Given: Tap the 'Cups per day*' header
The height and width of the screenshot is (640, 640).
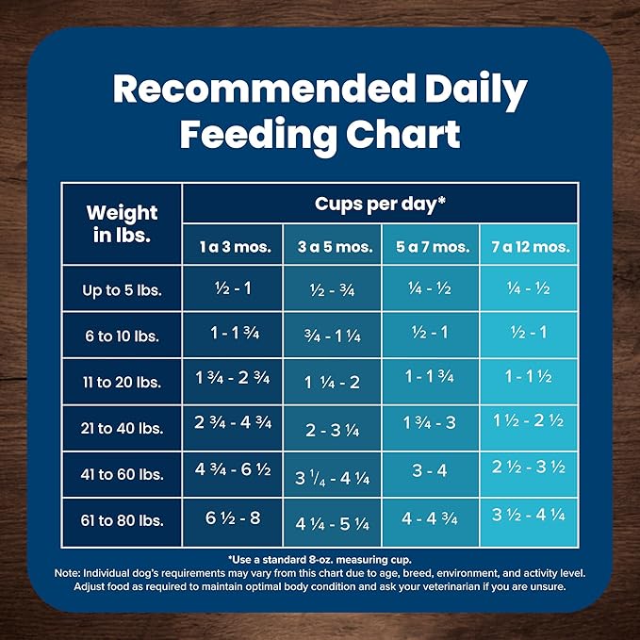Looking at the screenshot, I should coord(380,202).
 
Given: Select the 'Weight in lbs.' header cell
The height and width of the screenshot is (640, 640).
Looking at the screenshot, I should coord(122,223).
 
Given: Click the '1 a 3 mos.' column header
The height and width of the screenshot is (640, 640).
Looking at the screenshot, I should coord(234,247).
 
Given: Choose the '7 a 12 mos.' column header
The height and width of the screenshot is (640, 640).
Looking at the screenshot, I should coord(529,247).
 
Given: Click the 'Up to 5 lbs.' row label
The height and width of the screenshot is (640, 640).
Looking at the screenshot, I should coord(122,290).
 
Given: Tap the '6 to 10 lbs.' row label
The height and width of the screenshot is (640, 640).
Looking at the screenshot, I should coord(122,336).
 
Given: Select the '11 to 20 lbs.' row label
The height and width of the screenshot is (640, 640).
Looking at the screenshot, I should coord(122,383).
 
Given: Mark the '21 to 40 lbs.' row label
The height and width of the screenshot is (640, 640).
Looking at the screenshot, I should coord(122,429).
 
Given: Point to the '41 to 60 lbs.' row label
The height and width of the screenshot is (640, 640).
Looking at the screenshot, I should coord(122,474).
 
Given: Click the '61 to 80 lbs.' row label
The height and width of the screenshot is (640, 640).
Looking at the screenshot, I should coord(122,520).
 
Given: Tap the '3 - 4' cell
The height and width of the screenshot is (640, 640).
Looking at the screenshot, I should coord(430,470).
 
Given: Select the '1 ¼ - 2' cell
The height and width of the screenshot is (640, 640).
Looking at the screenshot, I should coord(332,383).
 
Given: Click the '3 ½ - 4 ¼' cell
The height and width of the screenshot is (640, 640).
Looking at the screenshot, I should coord(529,515).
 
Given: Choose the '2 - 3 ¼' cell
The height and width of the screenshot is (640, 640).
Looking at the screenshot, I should coord(332,430).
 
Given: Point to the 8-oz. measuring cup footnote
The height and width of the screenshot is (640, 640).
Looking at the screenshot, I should coord(320,559).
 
